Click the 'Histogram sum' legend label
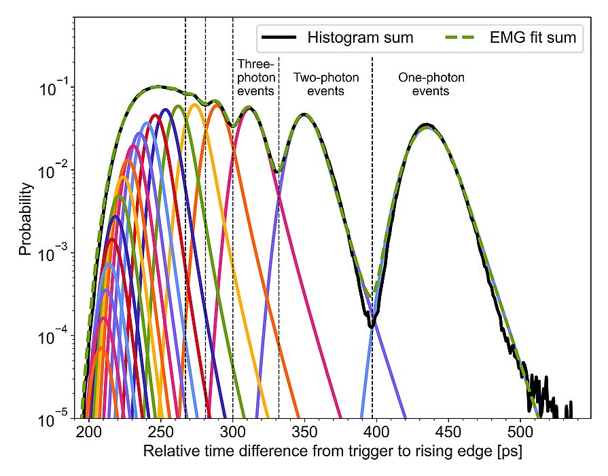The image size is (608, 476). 360,38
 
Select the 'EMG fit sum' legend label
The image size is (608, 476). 533,38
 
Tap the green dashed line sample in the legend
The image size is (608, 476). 462,38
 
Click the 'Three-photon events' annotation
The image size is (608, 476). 255,77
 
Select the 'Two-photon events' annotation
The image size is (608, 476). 325,84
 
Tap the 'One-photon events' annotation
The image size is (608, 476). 431,84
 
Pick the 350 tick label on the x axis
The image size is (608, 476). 304,433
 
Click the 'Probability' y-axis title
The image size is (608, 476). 25,218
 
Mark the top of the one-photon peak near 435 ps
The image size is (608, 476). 426,125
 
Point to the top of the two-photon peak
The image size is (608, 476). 304,114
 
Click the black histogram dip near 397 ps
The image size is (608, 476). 372,326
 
